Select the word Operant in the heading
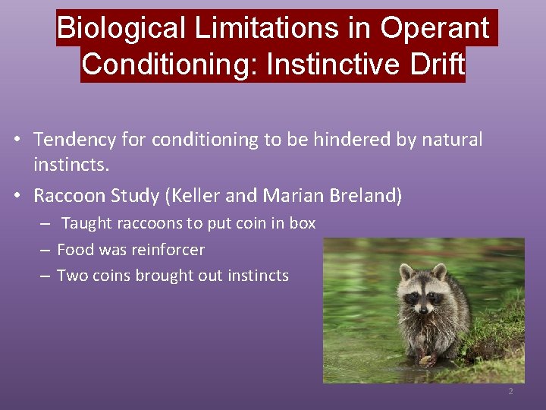[435, 29]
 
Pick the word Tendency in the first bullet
[74, 140]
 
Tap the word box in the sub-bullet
[303, 224]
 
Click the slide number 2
[510, 392]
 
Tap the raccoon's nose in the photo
[421, 307]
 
